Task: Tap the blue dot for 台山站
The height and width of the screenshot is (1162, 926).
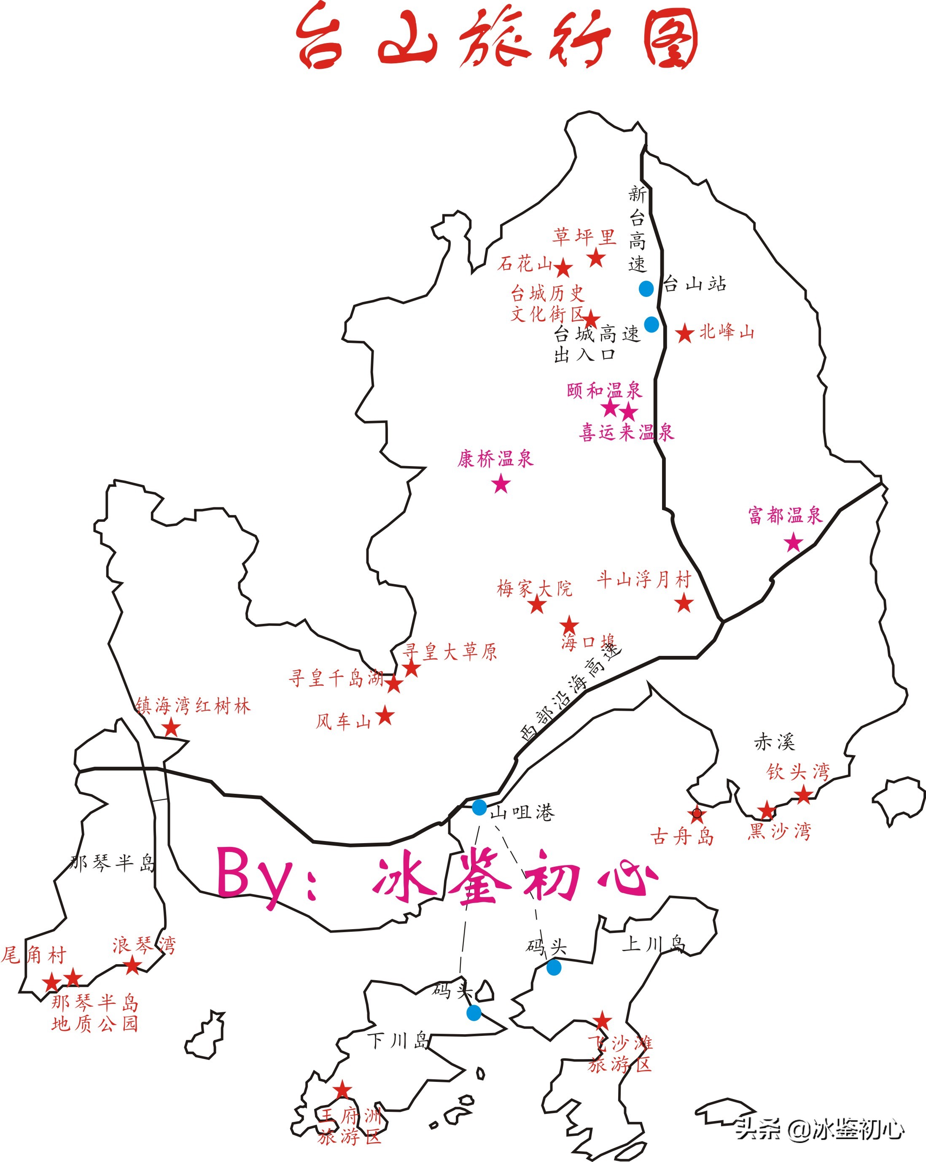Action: [646, 288]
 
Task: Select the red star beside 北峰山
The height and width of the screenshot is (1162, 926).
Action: [685, 334]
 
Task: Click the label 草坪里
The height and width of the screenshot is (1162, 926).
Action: [584, 237]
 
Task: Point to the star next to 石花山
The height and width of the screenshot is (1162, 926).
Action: [563, 267]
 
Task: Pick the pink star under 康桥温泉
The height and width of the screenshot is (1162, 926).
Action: [501, 483]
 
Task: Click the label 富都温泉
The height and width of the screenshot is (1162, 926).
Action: [785, 515]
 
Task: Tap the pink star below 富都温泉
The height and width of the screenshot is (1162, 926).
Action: [794, 542]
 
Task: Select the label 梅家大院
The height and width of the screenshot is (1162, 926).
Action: [534, 588]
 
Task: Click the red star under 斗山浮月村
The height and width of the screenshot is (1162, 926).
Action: [684, 603]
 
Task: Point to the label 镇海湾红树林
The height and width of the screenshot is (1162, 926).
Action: [193, 706]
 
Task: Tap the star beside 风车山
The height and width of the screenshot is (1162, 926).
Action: [385, 716]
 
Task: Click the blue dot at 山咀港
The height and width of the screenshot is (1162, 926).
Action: [479, 807]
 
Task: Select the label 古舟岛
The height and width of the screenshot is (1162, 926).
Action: [682, 836]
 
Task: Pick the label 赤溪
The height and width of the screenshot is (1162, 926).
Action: [774, 742]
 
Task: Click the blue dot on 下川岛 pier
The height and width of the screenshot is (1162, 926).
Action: [474, 1013]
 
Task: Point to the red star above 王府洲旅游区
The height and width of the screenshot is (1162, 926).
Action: [342, 1090]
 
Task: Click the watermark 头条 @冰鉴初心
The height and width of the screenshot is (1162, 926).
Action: [819, 1128]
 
